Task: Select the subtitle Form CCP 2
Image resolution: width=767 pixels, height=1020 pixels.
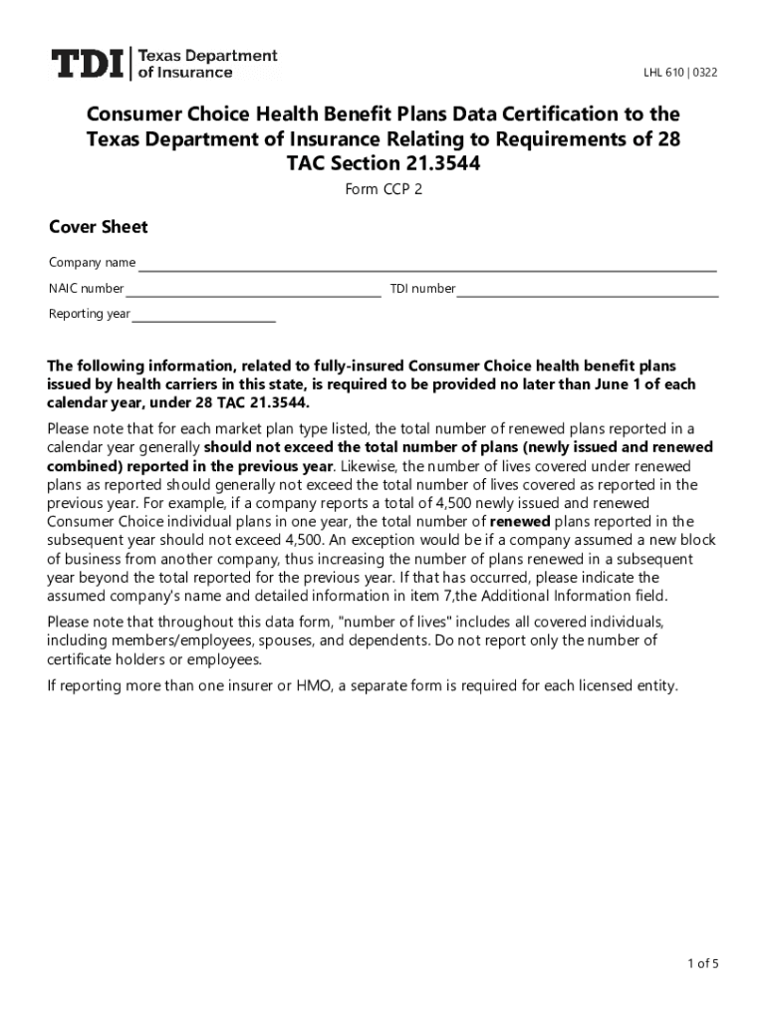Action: (383, 189)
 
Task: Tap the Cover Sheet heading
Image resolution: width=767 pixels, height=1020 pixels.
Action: (99, 227)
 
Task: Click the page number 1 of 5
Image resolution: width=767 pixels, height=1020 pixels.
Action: (702, 963)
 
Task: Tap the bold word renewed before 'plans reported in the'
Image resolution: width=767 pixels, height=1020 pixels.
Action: (519, 521)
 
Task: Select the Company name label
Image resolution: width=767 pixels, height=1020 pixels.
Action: (93, 263)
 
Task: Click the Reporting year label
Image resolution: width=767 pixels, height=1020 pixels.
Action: (90, 314)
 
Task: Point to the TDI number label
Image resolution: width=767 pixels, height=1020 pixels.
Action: (422, 289)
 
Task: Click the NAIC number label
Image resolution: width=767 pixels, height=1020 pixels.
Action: (87, 289)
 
